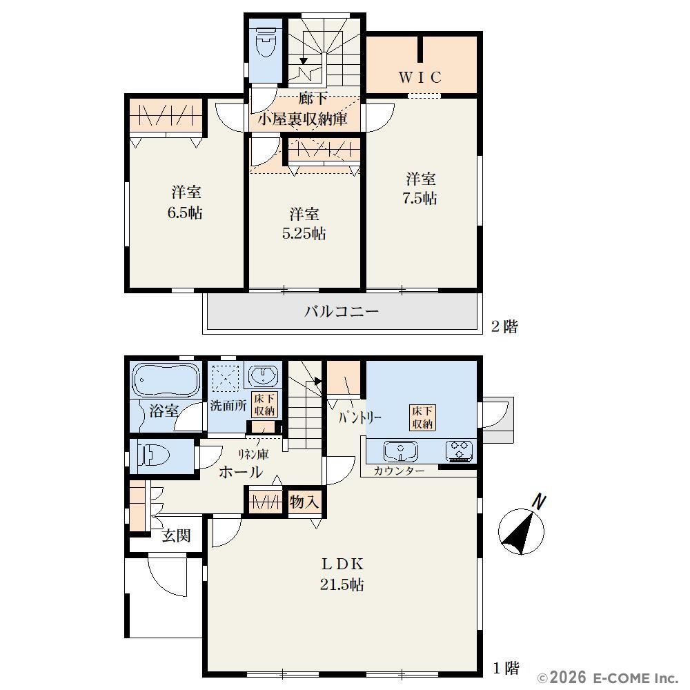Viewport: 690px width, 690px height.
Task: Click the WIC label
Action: pyautogui.click(x=420, y=77)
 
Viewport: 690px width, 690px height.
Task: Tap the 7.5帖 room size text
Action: pyautogui.click(x=420, y=199)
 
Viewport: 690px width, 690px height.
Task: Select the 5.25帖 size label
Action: pyautogui.click(x=304, y=233)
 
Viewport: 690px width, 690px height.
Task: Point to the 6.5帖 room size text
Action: pyautogui.click(x=185, y=213)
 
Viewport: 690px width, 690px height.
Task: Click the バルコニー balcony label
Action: pyautogui.click(x=342, y=312)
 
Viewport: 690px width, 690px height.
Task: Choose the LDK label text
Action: pyautogui.click(x=342, y=564)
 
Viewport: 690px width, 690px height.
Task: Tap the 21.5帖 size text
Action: pyautogui.click(x=342, y=585)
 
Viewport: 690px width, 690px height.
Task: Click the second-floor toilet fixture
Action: pyautogui.click(x=266, y=42)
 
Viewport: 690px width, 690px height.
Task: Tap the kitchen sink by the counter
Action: pyautogui.click(x=400, y=451)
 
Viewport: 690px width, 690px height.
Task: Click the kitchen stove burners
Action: pyautogui.click(x=460, y=451)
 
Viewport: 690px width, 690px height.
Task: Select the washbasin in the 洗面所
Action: pyautogui.click(x=264, y=376)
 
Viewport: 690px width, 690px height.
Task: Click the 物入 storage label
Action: pyautogui.click(x=304, y=502)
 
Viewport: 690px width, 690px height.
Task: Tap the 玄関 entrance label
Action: pyautogui.click(x=176, y=535)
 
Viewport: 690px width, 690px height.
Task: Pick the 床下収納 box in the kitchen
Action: pyautogui.click(x=422, y=417)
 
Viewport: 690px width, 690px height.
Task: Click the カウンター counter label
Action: pyautogui.click(x=399, y=471)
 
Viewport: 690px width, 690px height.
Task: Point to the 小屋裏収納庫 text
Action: pyautogui.click(x=303, y=119)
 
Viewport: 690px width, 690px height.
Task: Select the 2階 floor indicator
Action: pyautogui.click(x=504, y=326)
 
